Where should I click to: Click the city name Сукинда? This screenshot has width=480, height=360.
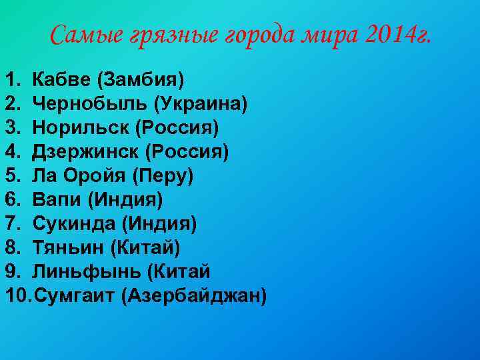point(76,224)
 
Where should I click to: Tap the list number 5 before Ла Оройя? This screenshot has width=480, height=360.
point(11,176)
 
